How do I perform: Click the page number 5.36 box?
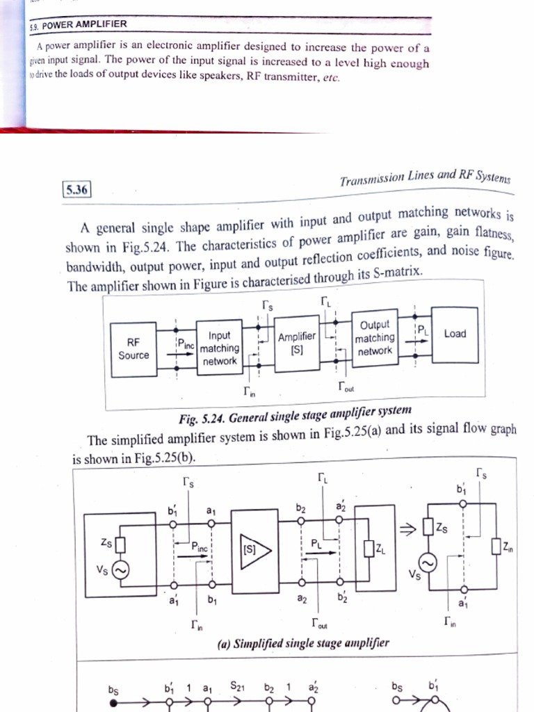click(x=76, y=189)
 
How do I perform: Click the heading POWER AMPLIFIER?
click(x=84, y=24)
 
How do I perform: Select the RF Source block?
click(x=133, y=349)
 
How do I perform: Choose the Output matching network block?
click(x=375, y=338)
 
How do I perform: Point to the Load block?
click(x=455, y=334)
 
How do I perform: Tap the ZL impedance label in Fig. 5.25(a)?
click(x=380, y=549)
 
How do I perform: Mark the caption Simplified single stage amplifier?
click(x=302, y=642)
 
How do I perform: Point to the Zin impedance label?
click(x=508, y=547)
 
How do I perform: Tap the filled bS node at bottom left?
click(x=113, y=703)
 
